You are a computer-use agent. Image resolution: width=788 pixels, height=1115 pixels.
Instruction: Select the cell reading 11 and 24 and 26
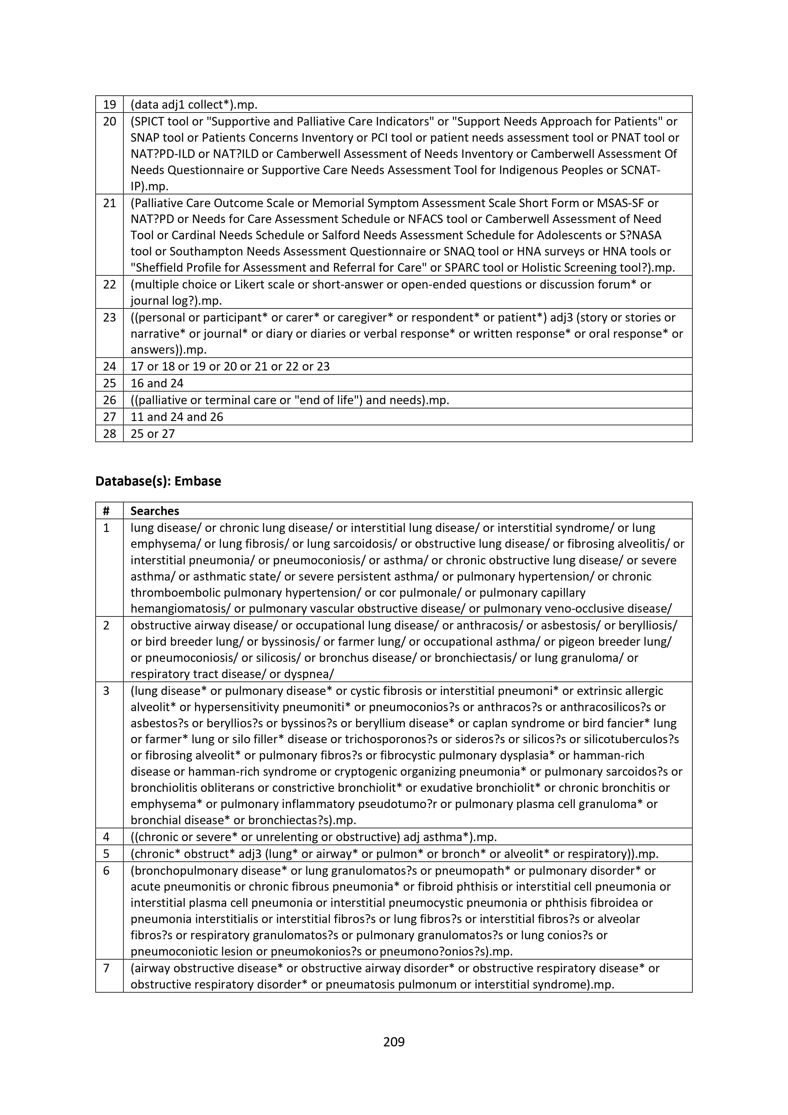coord(177,416)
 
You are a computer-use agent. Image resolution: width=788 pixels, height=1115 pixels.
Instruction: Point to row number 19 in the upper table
coord(110,105)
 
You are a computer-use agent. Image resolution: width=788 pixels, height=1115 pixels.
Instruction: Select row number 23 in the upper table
coord(110,317)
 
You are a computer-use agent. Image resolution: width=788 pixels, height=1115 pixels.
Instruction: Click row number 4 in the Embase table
coord(106,836)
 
